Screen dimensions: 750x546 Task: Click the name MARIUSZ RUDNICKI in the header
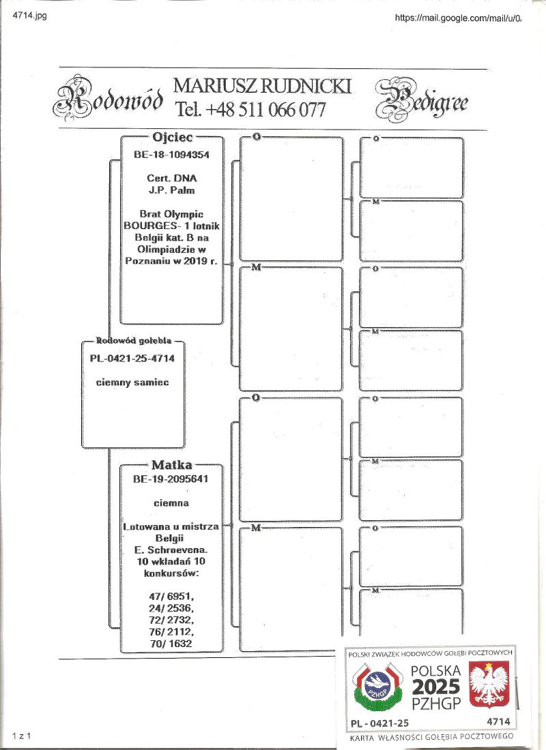click(263, 86)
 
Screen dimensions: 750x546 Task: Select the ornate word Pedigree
click(421, 100)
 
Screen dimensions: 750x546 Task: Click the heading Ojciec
click(171, 136)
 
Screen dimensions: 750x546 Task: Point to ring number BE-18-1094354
click(171, 155)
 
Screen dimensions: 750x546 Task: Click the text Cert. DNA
click(171, 179)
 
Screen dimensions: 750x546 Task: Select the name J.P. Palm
click(171, 190)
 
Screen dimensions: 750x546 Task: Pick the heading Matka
click(171, 465)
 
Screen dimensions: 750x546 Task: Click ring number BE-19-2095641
click(171, 479)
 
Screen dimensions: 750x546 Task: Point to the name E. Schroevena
click(171, 549)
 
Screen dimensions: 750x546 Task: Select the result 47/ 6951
click(171, 595)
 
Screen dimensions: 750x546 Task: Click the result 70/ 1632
click(171, 643)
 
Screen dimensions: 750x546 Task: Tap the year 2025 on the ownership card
click(435, 687)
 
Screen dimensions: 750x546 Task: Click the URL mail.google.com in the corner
click(458, 18)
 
